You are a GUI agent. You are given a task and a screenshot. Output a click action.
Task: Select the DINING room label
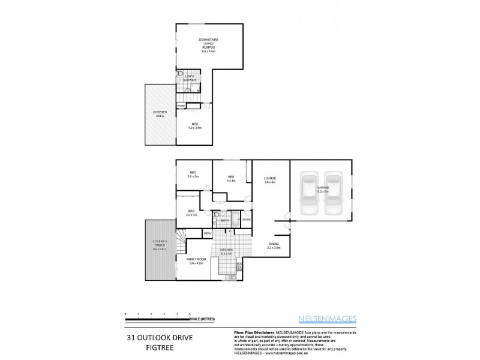coord(274,244)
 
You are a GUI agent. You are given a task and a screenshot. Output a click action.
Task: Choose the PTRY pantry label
coord(208,233)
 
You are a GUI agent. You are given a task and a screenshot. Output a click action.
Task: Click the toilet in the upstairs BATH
coord(217,214)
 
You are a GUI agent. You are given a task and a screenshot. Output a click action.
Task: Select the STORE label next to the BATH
coord(245,221)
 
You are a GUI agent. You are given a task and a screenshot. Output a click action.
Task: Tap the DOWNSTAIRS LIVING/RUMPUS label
coord(209,45)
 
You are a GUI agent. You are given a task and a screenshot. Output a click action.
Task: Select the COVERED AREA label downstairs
coord(159,113)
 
